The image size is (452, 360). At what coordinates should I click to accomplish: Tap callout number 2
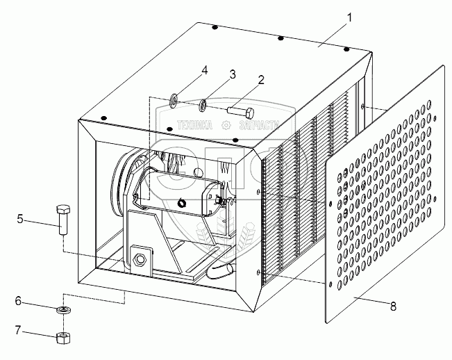pyautogui.click(x=260, y=79)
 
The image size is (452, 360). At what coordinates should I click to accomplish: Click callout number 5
pyautogui.click(x=21, y=220)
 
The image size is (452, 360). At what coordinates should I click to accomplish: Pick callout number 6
pyautogui.click(x=19, y=302)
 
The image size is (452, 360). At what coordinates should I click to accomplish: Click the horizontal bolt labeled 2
pyautogui.click(x=240, y=109)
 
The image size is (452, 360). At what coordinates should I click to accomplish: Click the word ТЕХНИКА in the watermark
pyautogui.click(x=196, y=126)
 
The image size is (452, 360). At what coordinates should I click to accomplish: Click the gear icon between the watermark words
pyautogui.click(x=226, y=126)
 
